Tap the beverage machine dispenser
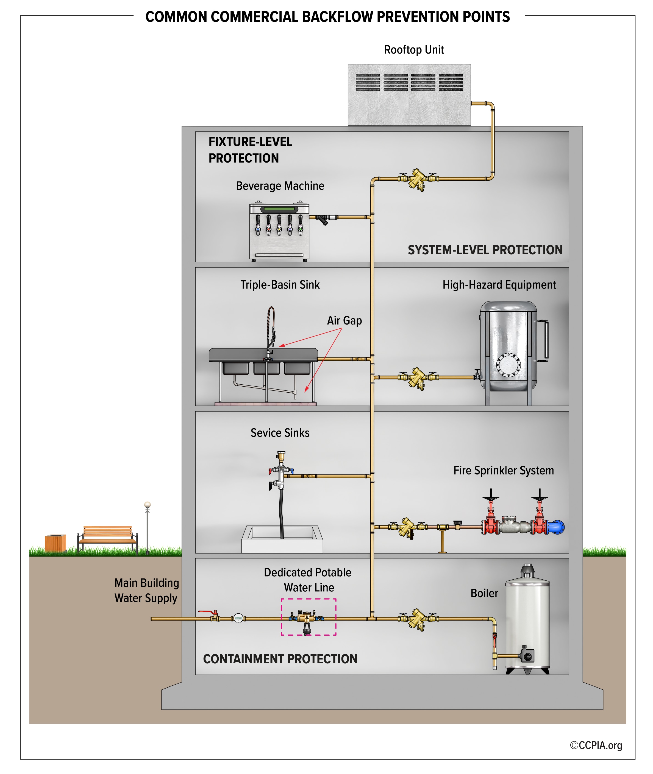tap(279, 231)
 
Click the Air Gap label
tap(344, 320)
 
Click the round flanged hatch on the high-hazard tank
tap(508, 365)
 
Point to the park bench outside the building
tap(107, 538)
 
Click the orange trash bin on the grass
tap(55, 543)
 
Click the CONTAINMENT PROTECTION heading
tap(280, 659)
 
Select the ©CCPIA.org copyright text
tap(596, 745)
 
